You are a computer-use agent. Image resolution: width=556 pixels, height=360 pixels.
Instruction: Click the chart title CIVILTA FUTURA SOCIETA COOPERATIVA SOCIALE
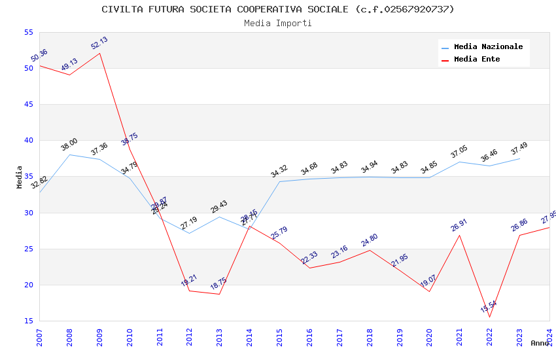277,9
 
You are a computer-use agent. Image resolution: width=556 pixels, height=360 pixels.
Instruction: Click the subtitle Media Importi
277,23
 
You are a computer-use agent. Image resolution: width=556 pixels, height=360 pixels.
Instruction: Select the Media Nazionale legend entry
488,46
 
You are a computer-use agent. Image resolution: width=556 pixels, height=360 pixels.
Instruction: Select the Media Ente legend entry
477,59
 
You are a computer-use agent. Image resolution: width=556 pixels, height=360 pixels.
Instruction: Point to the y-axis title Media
20,177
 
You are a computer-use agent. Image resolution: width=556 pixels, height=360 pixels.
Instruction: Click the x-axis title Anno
540,343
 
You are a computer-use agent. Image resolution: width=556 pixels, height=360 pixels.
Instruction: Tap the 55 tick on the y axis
28,32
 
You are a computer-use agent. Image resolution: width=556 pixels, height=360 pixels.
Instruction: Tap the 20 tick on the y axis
28,285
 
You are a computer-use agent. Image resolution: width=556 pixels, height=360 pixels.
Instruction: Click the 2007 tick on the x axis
39,337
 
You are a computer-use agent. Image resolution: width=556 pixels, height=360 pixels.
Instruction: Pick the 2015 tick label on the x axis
280,337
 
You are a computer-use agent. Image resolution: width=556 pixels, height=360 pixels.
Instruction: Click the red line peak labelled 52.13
99,53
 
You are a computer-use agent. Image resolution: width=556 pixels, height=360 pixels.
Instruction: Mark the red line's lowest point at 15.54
489,317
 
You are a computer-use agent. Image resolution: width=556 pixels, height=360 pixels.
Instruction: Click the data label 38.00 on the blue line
69,145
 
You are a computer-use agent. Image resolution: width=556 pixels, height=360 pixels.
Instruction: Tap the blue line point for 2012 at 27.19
190,233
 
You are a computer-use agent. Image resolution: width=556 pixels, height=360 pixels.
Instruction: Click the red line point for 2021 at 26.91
459,235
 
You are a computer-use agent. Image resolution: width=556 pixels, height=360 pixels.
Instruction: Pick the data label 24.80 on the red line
370,240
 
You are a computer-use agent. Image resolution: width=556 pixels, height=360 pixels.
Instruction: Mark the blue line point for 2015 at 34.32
279,181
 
